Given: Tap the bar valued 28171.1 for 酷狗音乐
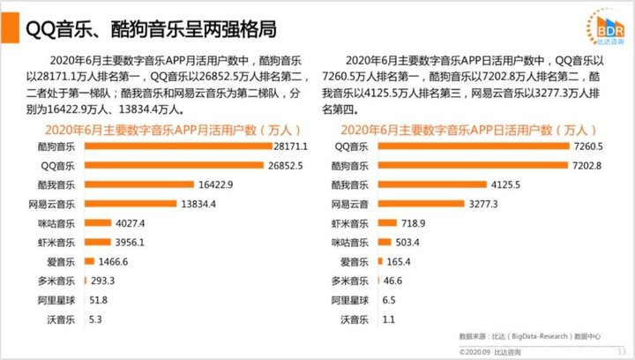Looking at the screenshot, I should click(177, 146).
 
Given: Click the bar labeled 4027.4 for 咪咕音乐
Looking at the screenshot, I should click(97, 223).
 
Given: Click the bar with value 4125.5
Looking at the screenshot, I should click(433, 184).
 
